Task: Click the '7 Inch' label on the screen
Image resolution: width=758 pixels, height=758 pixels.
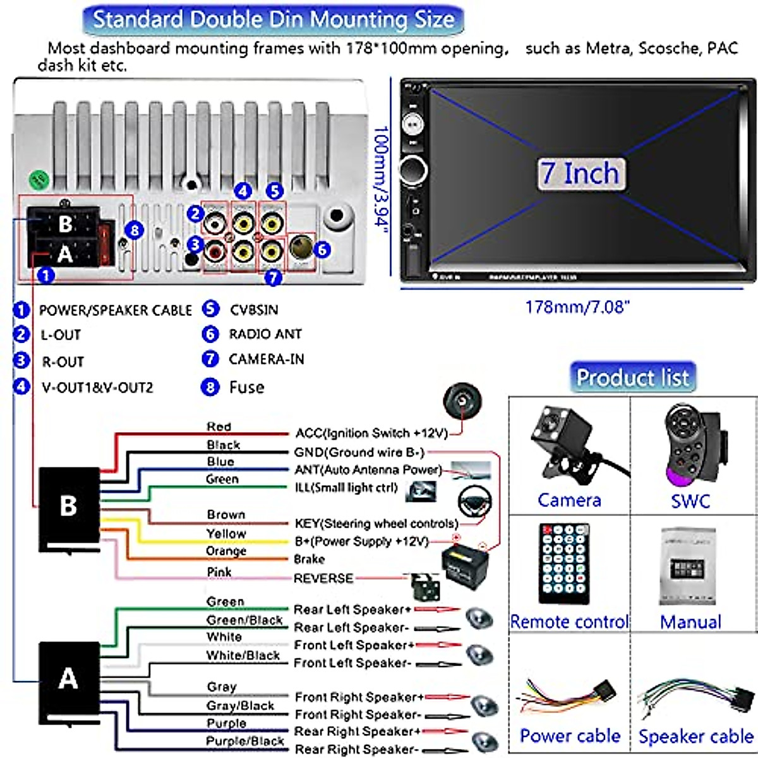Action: point(581,173)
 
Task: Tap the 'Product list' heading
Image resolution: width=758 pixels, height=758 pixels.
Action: point(632,378)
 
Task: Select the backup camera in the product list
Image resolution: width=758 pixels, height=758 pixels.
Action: point(566,442)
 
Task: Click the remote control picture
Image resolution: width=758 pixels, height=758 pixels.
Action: point(564,563)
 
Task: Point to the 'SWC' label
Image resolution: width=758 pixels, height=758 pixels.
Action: point(690,502)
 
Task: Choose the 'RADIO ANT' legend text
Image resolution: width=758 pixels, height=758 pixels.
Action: point(265,334)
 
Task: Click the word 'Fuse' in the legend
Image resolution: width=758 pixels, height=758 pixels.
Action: point(246,387)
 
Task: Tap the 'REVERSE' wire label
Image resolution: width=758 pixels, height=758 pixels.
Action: point(323,578)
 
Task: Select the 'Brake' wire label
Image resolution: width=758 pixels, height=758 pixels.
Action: point(310,559)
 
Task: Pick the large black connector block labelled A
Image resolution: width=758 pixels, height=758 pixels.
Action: point(69,680)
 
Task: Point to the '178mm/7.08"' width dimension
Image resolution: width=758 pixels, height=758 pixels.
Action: point(577,307)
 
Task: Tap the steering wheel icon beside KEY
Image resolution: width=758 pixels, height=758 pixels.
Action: point(474,502)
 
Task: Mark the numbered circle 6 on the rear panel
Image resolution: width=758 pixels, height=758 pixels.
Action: point(322,250)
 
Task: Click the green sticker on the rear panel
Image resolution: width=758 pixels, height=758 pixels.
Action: point(40,181)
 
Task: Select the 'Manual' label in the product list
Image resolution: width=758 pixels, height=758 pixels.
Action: point(690,622)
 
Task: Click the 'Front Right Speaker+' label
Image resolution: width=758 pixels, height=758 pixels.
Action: point(359,697)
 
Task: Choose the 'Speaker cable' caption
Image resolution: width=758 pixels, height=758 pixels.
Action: point(695,737)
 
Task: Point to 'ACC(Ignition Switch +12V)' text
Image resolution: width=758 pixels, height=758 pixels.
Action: point(371,433)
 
